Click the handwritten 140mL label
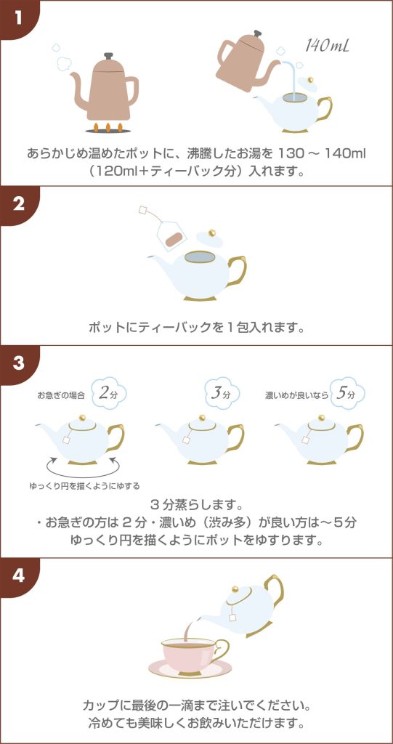pos(327,46)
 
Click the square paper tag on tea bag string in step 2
pos(144,210)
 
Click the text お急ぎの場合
pos(62,395)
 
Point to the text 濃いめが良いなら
pos(296,395)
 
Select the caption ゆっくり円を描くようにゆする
pos(84,486)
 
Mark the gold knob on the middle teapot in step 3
pos(202,417)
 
